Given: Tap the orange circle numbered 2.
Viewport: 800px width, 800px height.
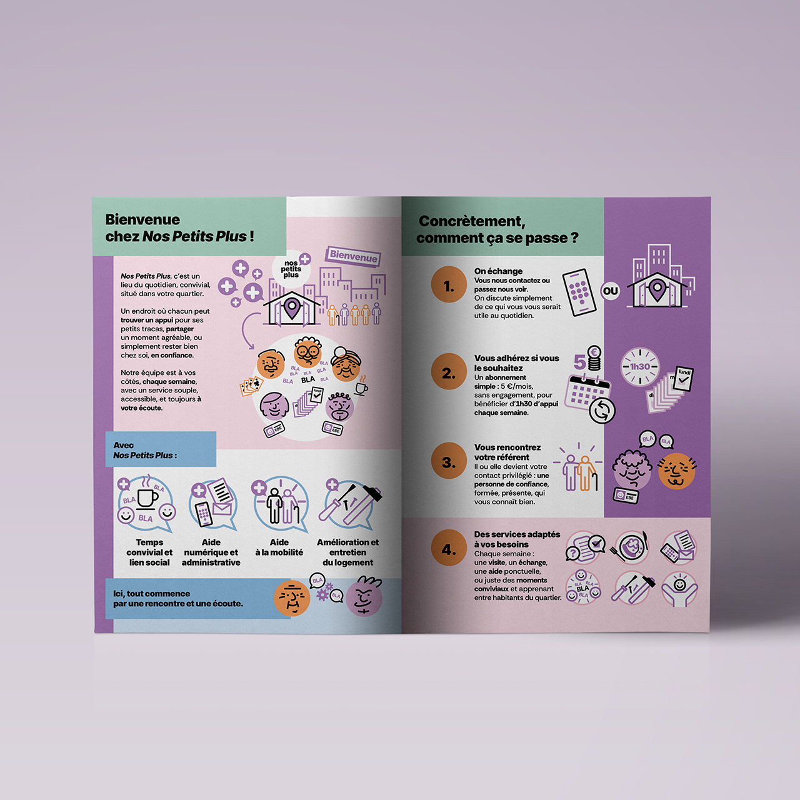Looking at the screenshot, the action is pos(449,371).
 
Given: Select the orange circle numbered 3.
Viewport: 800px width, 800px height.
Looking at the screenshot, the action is pos(449,461).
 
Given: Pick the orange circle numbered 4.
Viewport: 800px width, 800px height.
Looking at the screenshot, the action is pos(449,547).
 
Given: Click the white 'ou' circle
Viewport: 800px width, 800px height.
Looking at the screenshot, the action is pos(610,291).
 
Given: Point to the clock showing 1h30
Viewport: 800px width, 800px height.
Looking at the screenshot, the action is pos(640,367).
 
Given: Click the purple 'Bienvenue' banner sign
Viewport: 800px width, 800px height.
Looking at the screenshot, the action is pos(353,256).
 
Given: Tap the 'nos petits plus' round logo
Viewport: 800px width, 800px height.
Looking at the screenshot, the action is pos(291,269).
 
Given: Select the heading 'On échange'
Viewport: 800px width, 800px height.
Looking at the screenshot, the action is pos(498,271).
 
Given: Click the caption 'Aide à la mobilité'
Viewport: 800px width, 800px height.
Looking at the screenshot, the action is pos(279,547).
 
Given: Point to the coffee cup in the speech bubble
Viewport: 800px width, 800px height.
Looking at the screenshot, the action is pos(146,498).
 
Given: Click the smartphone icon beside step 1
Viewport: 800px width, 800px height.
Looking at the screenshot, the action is pos(579,292).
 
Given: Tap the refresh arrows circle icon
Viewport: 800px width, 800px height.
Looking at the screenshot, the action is pos(602,411).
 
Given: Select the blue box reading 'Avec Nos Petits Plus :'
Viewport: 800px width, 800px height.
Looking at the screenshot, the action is pos(161,449).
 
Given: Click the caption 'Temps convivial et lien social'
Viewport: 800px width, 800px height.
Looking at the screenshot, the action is pos(149,552).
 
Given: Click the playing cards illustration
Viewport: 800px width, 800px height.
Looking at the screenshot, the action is pos(251,385).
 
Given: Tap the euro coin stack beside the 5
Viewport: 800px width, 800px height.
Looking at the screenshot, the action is pos(594,359).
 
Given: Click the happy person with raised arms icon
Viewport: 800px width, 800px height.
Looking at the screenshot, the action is pos(679,589).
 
